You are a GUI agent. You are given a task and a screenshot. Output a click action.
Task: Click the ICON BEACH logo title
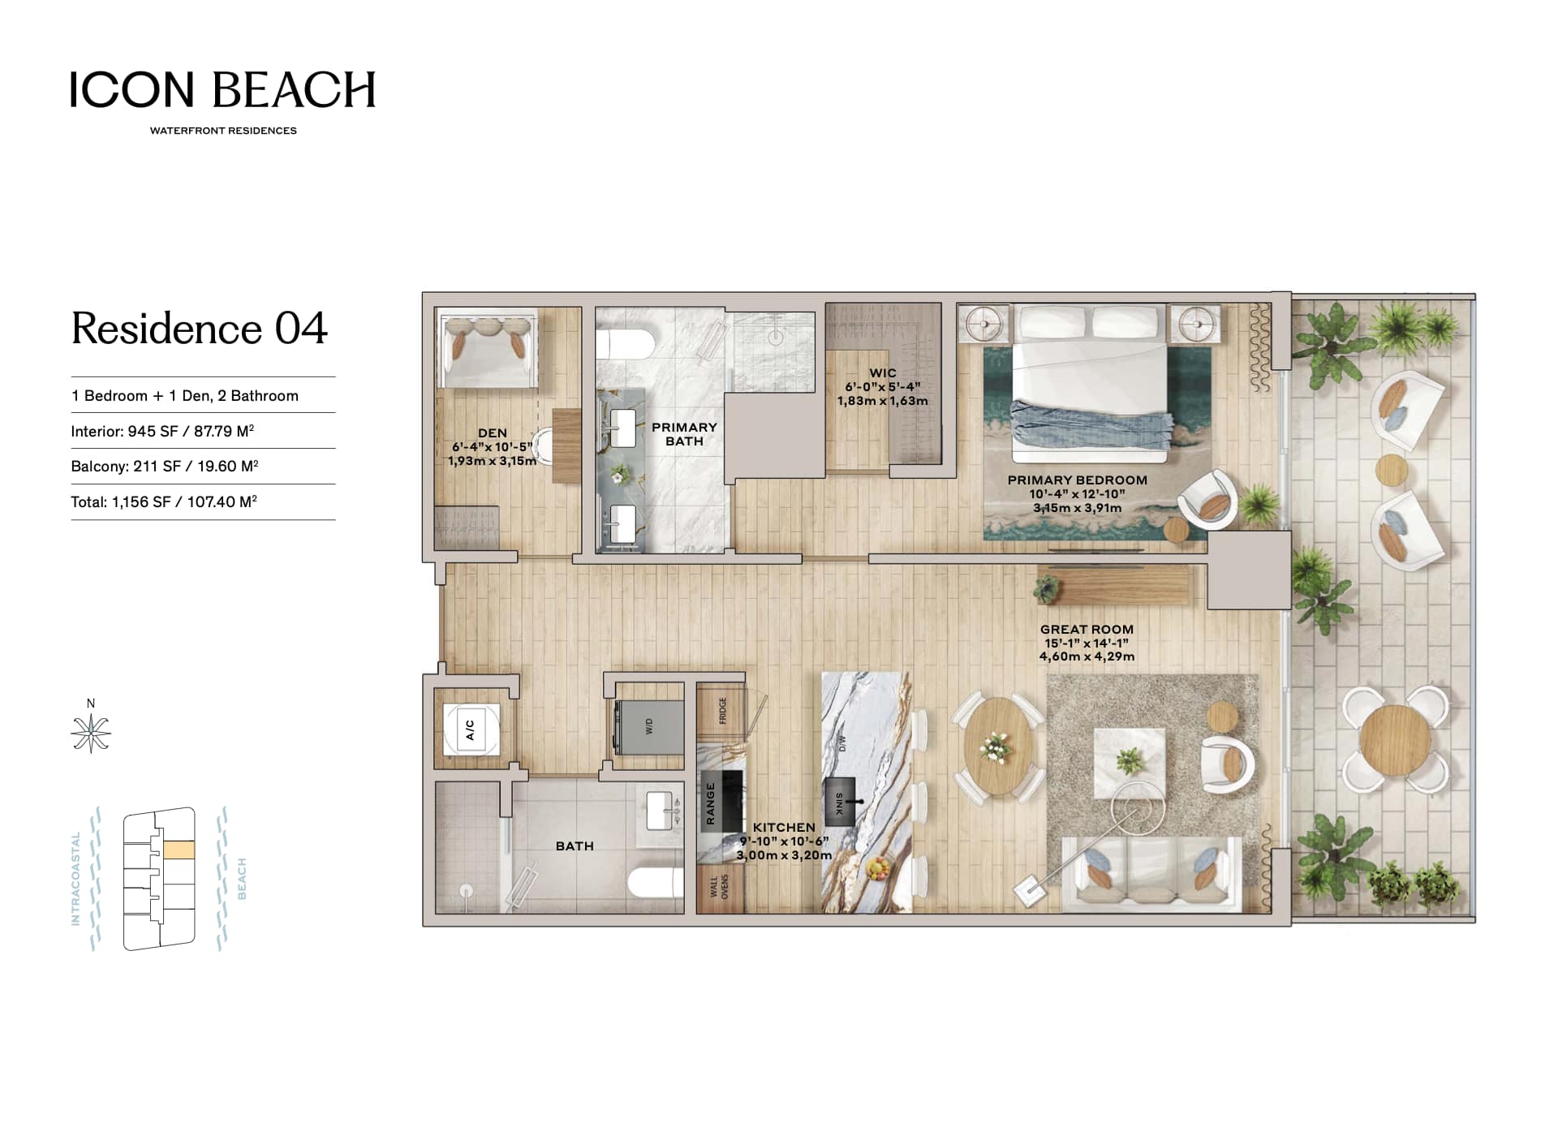(222, 89)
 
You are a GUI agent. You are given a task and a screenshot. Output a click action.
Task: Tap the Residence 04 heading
(200, 329)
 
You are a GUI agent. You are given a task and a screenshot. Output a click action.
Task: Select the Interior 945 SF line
(163, 431)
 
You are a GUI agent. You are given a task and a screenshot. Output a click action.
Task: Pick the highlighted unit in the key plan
(179, 850)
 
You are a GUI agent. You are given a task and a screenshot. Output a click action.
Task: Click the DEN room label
(493, 433)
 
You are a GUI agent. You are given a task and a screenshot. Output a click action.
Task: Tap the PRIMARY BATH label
(684, 434)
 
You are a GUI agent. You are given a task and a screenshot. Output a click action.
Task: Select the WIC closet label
(883, 373)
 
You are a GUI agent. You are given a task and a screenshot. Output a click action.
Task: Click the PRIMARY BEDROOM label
(1078, 480)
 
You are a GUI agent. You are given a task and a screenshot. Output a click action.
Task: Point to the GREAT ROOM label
(1087, 630)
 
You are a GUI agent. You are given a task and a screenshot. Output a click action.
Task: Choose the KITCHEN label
(784, 828)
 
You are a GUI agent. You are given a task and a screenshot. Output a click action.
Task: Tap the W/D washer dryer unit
(649, 726)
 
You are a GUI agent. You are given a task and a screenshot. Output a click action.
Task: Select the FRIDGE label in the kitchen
(722, 712)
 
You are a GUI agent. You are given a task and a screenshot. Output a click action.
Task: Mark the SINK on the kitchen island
(840, 803)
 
